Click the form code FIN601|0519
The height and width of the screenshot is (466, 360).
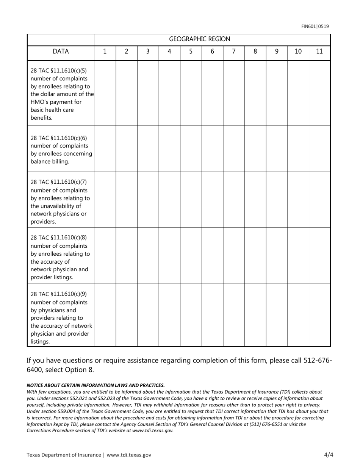[x=315, y=26]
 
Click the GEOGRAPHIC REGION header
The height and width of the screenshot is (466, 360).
[x=199, y=39]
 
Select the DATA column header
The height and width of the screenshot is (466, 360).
[x=61, y=52]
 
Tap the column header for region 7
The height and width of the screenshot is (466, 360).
[x=234, y=52]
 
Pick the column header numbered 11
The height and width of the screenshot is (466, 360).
[x=319, y=52]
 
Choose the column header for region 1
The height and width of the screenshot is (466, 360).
[x=105, y=52]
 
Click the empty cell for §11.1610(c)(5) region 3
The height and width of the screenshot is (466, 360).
[x=148, y=93]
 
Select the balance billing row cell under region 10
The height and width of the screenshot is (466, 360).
[x=298, y=149]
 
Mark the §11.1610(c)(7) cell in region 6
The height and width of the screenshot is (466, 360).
[x=212, y=200]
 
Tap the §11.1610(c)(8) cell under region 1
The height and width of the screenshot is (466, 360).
[x=105, y=255]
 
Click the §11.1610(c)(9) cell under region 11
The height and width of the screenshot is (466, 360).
[x=319, y=315]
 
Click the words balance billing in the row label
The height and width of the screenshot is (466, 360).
[x=50, y=162]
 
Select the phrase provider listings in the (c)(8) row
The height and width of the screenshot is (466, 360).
[x=52, y=277]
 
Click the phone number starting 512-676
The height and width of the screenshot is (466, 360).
[x=318, y=360]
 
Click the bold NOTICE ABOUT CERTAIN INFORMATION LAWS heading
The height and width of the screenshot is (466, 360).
[x=95, y=385]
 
